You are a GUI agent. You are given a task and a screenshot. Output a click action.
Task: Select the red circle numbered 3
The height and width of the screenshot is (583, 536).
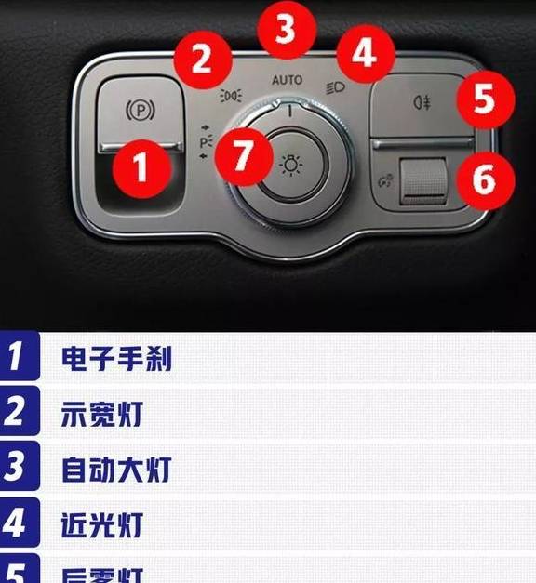point(287,30)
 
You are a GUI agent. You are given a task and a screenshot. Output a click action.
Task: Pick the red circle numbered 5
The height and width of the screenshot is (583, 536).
point(482,99)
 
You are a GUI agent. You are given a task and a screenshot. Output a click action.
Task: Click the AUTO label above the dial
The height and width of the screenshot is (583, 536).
point(287,81)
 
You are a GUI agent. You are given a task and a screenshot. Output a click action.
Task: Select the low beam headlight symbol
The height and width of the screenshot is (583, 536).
point(336,89)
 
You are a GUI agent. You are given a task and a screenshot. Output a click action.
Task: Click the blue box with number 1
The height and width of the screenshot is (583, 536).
point(20,358)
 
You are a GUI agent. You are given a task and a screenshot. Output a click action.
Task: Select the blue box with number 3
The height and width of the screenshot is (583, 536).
point(20,468)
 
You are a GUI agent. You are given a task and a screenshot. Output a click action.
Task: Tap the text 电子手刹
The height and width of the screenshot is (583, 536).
point(116,359)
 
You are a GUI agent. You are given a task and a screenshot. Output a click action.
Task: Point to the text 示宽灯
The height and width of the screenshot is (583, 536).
point(102,414)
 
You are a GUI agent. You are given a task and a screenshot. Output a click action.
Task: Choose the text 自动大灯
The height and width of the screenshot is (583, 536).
point(116,469)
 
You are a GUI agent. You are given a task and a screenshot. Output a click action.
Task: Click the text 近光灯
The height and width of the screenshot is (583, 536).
point(102,523)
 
